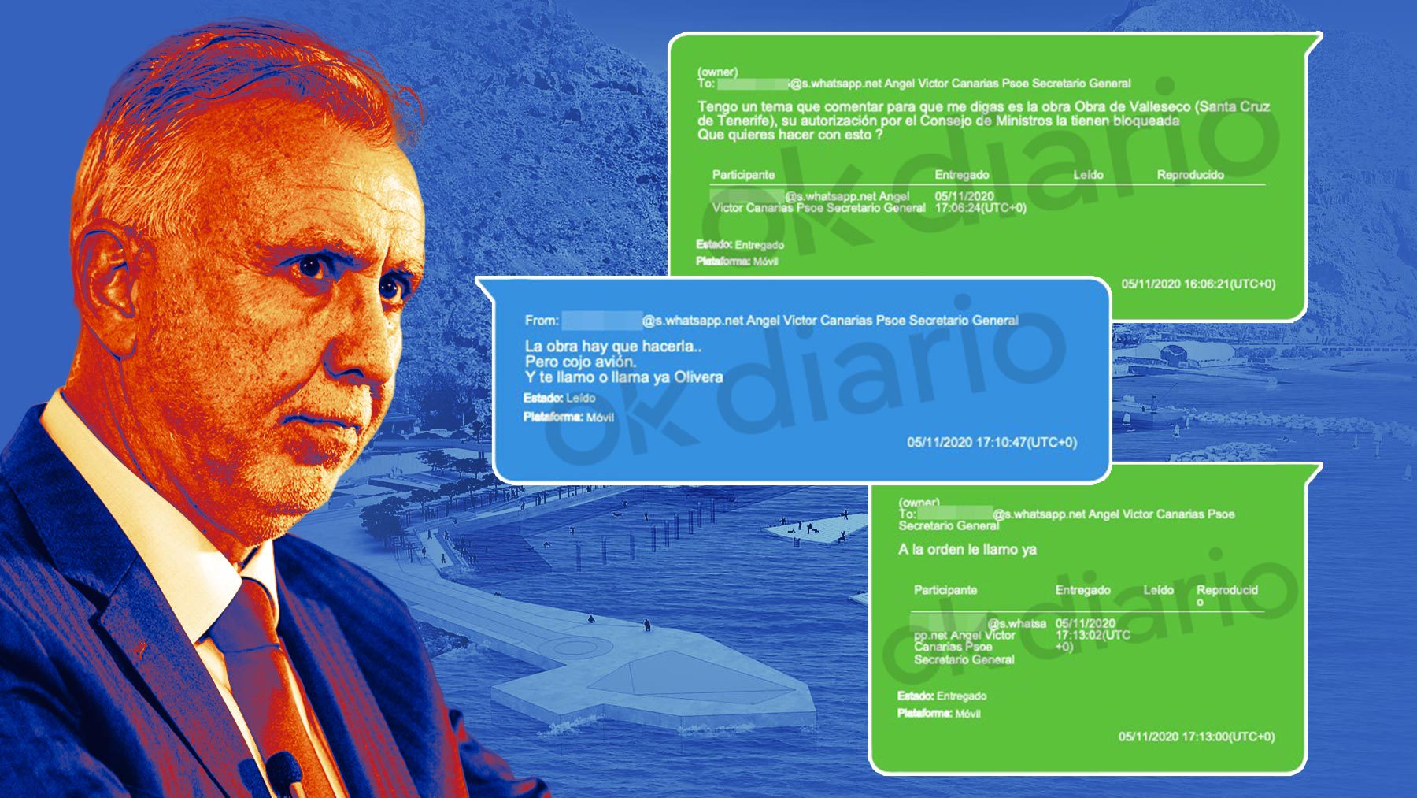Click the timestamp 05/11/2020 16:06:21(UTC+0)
tap(1197, 284)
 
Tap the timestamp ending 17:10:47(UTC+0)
tap(991, 443)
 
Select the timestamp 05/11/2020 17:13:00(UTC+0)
tap(1196, 737)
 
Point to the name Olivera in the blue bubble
tap(698, 377)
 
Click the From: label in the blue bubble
tap(542, 321)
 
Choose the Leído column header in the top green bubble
tap(1088, 175)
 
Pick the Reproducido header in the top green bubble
tap(1189, 175)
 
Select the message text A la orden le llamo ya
tap(967, 549)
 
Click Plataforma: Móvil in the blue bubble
tap(568, 417)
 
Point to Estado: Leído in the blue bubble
tap(559, 398)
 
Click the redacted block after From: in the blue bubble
tap(601, 321)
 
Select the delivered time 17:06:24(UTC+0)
tap(980, 208)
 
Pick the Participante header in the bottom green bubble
tap(945, 590)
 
